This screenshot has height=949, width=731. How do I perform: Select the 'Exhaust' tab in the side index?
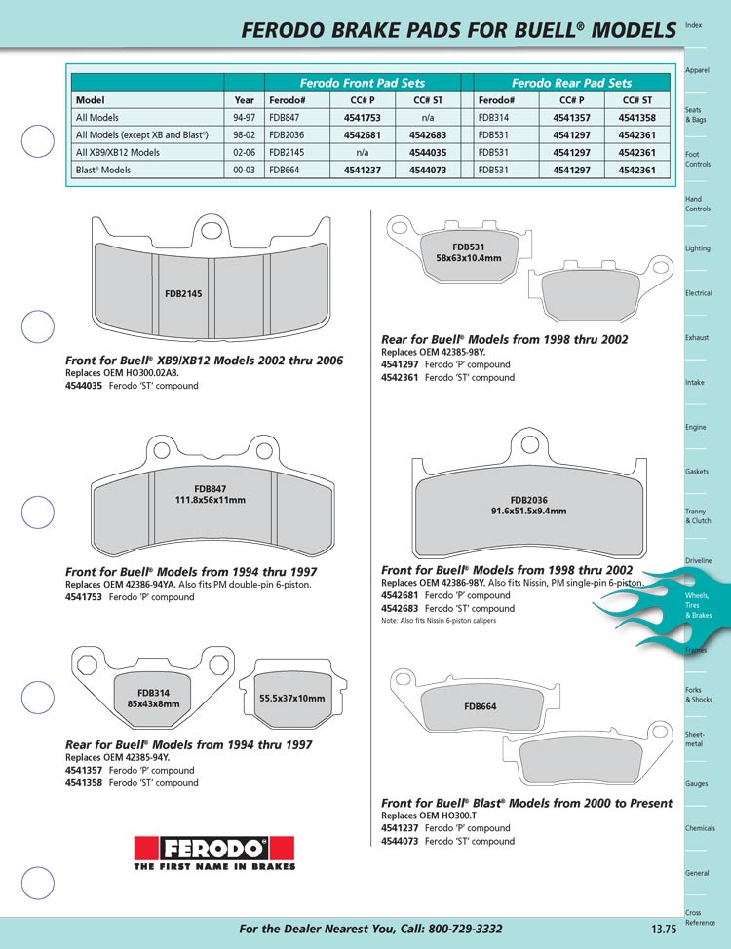[697, 338]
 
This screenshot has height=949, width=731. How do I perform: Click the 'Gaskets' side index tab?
[697, 472]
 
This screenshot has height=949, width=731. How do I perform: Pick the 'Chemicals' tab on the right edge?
[700, 828]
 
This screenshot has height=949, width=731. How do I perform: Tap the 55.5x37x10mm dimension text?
[291, 699]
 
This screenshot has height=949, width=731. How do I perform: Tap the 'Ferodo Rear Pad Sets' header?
[571, 83]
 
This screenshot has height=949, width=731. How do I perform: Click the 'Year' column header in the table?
[245, 99]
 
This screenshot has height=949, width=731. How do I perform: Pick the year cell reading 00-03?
[245, 171]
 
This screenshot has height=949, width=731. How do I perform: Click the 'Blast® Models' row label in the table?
[108, 171]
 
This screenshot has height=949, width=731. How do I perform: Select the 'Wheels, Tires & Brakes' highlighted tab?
[697, 605]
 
